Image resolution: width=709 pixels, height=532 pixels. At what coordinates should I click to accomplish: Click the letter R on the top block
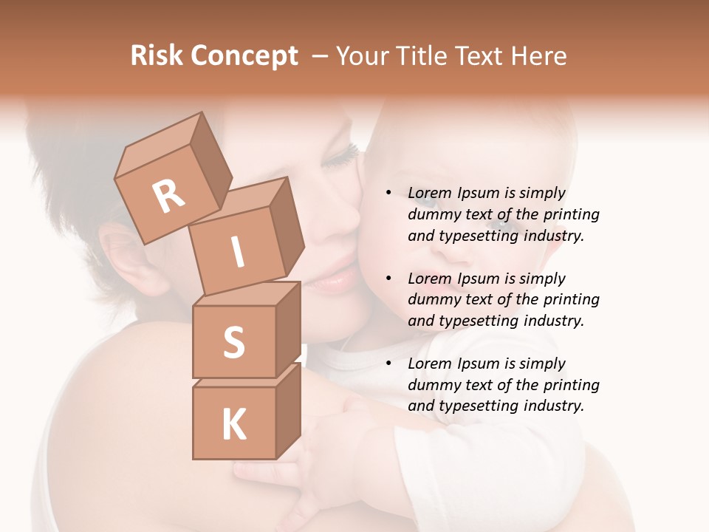tap(169, 197)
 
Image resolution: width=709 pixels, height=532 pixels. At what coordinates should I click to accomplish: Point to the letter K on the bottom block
tap(233, 424)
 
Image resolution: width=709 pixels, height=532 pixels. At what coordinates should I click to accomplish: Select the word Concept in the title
tap(245, 57)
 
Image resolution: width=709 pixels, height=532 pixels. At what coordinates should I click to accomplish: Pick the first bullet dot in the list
tap(388, 193)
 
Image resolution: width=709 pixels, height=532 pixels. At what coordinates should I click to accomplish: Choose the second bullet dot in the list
tap(388, 279)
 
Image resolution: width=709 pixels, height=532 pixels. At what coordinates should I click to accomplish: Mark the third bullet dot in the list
tap(388, 364)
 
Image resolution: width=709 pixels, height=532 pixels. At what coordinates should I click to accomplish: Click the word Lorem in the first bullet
tap(430, 193)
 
